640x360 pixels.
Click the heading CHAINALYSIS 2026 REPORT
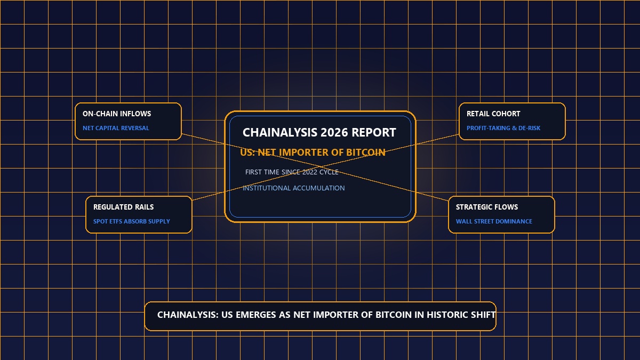[x=319, y=133]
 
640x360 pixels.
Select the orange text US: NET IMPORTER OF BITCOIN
[x=313, y=153]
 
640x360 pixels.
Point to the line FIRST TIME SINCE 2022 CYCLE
[x=292, y=172]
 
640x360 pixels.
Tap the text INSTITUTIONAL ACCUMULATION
[x=294, y=188]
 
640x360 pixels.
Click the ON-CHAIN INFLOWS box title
[x=117, y=114]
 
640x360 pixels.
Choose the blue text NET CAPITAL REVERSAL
[x=116, y=128]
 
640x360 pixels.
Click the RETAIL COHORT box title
[x=493, y=114]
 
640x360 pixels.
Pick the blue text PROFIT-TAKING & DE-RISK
[x=503, y=128]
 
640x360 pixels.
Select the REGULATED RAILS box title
[x=123, y=207]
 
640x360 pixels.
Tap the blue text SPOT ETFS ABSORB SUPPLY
[x=131, y=221]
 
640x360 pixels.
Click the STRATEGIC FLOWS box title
[x=487, y=207]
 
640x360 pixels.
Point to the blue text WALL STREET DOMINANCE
[x=494, y=221]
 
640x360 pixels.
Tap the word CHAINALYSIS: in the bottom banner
[x=188, y=315]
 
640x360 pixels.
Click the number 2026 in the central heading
[x=333, y=133]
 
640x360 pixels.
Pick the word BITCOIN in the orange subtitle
[x=366, y=153]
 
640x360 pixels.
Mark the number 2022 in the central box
[x=310, y=172]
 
